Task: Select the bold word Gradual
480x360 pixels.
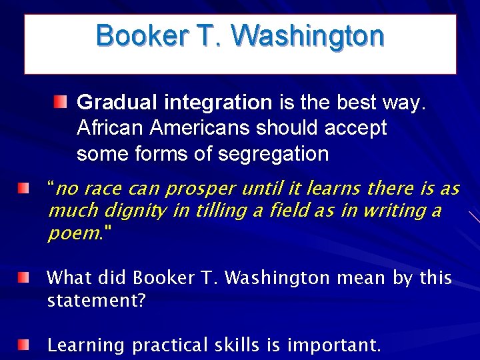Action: pos(117,103)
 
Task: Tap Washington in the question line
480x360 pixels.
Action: pos(277,278)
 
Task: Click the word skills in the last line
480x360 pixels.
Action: pos(237,345)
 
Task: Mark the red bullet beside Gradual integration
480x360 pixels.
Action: pos(61,102)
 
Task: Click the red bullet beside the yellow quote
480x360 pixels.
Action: pos(23,188)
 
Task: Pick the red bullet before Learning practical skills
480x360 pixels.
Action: pos(23,345)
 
